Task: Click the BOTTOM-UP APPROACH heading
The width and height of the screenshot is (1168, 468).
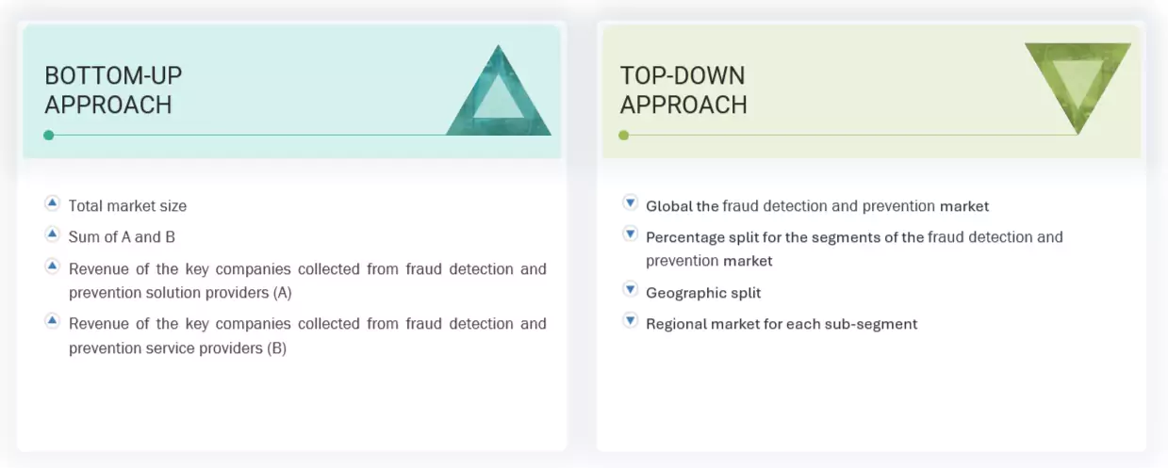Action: (x=113, y=89)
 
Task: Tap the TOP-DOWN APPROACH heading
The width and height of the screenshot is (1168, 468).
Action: (x=683, y=89)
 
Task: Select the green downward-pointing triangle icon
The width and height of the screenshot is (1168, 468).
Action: (x=1077, y=85)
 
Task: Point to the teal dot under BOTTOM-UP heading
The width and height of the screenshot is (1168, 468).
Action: (x=49, y=136)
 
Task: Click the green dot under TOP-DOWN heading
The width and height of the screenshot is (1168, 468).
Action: (x=624, y=136)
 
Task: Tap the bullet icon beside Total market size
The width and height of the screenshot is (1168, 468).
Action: (x=53, y=203)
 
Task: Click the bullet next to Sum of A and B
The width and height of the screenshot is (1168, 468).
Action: (x=53, y=234)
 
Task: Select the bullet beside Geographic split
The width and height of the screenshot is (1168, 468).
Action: (x=630, y=289)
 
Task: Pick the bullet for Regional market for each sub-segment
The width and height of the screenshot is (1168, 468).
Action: (x=630, y=321)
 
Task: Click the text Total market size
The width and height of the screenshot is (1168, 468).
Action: (x=127, y=206)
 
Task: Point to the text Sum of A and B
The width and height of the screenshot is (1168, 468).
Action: (x=122, y=237)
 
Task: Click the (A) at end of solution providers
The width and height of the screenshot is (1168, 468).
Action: (x=282, y=293)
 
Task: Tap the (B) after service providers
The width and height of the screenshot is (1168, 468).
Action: (x=276, y=348)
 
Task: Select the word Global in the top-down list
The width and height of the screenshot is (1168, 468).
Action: (x=668, y=206)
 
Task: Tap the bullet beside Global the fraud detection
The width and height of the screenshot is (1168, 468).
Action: (x=630, y=202)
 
